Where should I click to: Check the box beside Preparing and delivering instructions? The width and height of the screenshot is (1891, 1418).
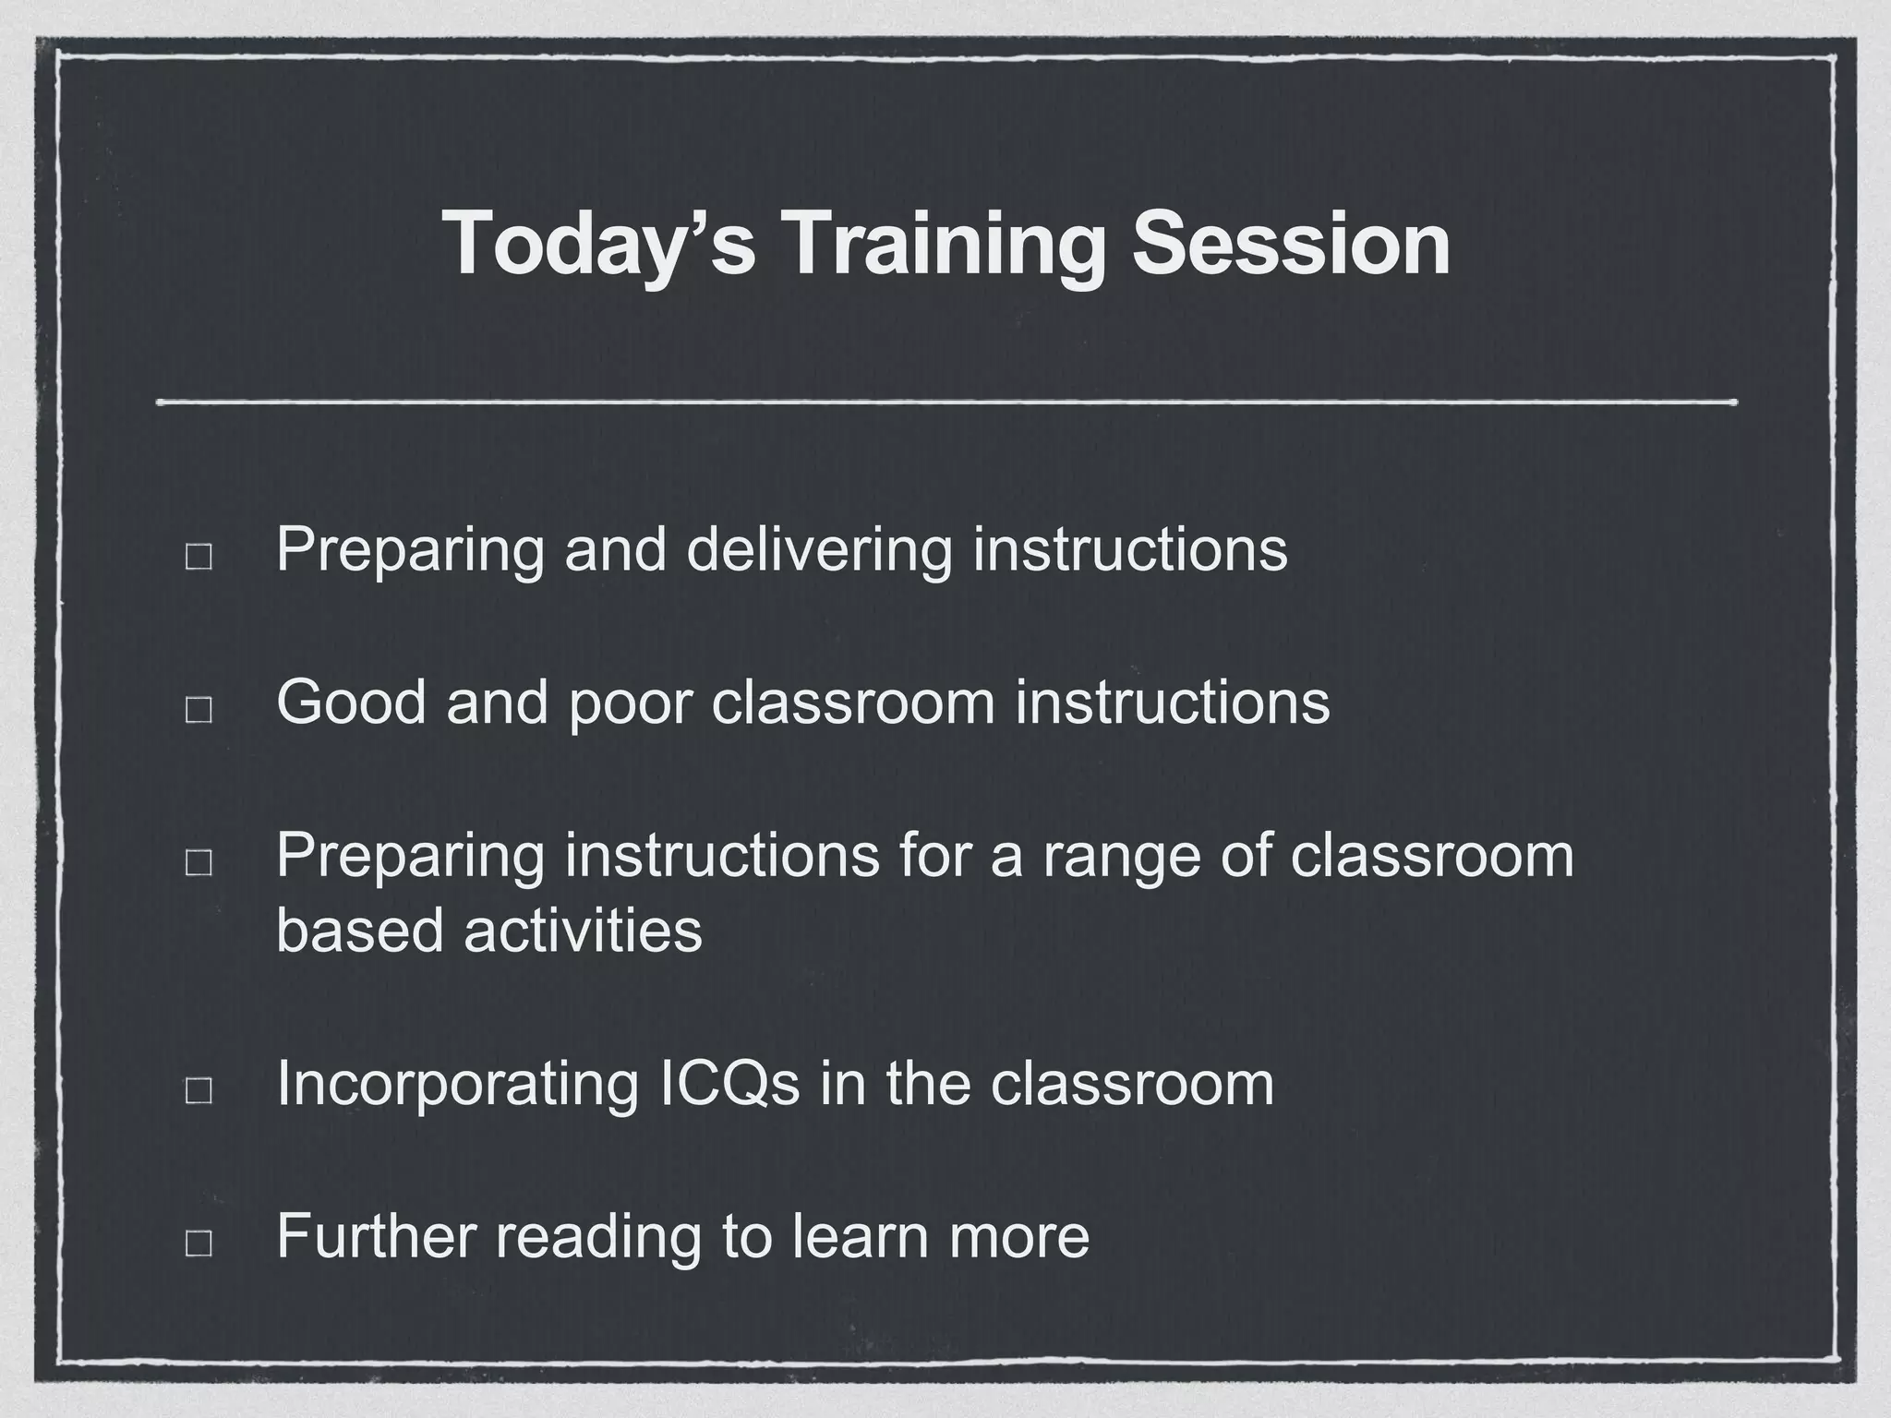pos(199,557)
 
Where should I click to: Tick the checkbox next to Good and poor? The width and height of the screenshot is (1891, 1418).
pos(199,709)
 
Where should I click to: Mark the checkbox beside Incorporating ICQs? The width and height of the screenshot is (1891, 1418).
pos(199,1089)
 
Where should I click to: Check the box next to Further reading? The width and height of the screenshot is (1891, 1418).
pos(199,1243)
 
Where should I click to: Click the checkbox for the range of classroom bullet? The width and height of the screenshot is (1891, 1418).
pos(199,862)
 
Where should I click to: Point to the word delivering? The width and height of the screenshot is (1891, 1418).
pos(819,550)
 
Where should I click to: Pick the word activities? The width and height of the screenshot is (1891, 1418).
pos(583,930)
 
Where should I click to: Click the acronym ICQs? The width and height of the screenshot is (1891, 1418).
pos(730,1083)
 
